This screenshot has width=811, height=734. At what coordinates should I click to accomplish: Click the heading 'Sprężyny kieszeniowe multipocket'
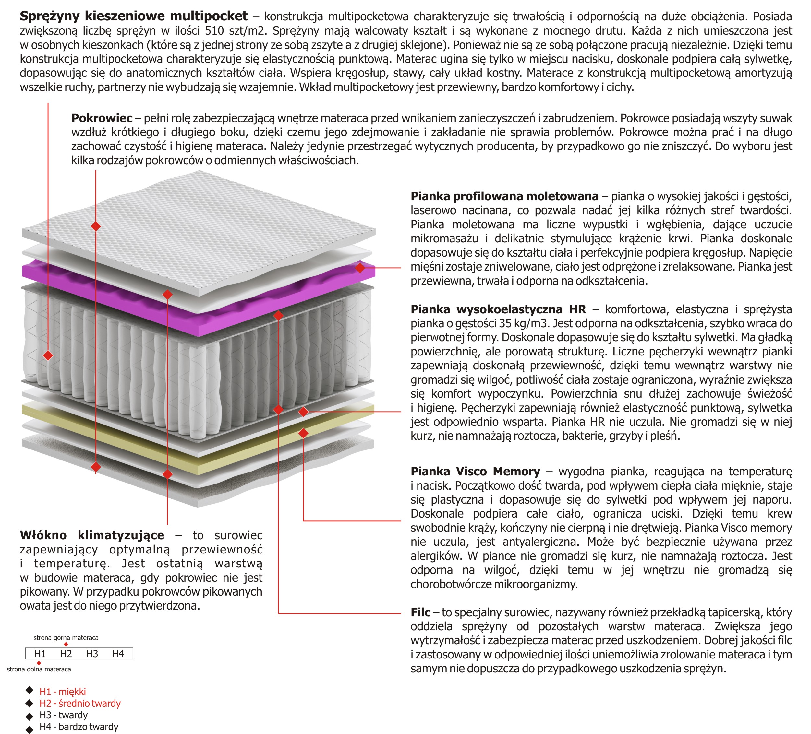pyautogui.click(x=134, y=16)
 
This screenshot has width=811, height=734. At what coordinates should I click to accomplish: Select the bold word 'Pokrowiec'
pyautogui.click(x=102, y=118)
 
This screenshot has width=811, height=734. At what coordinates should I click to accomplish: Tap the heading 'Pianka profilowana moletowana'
pyautogui.click(x=504, y=196)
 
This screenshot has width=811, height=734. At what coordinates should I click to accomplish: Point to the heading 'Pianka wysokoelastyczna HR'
pyautogui.click(x=498, y=309)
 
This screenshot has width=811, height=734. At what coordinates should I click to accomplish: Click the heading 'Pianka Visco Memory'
pyautogui.click(x=475, y=471)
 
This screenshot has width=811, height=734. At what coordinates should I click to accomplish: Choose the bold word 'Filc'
pyautogui.click(x=420, y=612)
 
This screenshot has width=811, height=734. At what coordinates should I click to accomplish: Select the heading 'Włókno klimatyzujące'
pyautogui.click(x=92, y=535)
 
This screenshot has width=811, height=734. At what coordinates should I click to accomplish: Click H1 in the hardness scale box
pyautogui.click(x=40, y=654)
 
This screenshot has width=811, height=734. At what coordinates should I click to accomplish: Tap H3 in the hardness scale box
pyautogui.click(x=92, y=654)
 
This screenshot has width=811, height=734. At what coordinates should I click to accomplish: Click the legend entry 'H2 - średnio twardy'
pyautogui.click(x=80, y=703)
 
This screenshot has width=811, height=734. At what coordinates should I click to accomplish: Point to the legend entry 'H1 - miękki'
pyautogui.click(x=62, y=692)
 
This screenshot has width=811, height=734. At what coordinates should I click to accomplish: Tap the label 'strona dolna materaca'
pyautogui.click(x=39, y=669)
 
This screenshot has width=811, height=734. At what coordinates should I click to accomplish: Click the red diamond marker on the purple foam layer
pyautogui.click(x=360, y=268)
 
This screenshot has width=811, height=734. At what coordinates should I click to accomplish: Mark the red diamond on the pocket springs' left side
pyautogui.click(x=48, y=355)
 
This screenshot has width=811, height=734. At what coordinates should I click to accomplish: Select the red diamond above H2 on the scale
pyautogui.click(x=66, y=644)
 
